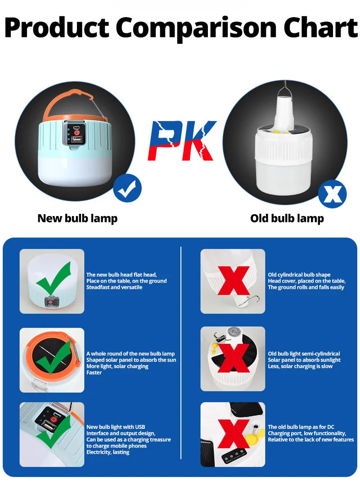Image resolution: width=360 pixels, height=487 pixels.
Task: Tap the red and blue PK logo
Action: pyautogui.click(x=182, y=140)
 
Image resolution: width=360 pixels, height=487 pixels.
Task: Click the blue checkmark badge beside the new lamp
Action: pyautogui.click(x=127, y=189)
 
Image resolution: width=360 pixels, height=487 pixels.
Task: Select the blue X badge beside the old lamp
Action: pyautogui.click(x=333, y=194)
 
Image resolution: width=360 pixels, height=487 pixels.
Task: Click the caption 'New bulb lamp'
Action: pyautogui.click(x=77, y=219)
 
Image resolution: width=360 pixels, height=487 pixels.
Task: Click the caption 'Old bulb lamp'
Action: pyautogui.click(x=287, y=219)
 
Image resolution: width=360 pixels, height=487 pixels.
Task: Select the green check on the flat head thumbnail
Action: pyautogui.click(x=54, y=278)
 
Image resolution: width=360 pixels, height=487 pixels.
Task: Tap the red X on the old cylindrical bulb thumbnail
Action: pyautogui.click(x=234, y=280)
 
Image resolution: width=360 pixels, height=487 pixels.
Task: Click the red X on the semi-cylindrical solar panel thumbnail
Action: pyautogui.click(x=234, y=358)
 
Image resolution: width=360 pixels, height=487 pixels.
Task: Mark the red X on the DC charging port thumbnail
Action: pyautogui.click(x=234, y=433)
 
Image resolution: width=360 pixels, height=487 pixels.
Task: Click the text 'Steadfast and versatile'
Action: pyautogui.click(x=114, y=287)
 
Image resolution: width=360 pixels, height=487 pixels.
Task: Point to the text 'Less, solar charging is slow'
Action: pyautogui.click(x=300, y=366)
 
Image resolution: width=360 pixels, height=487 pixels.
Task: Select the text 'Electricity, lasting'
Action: pyautogui.click(x=108, y=452)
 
